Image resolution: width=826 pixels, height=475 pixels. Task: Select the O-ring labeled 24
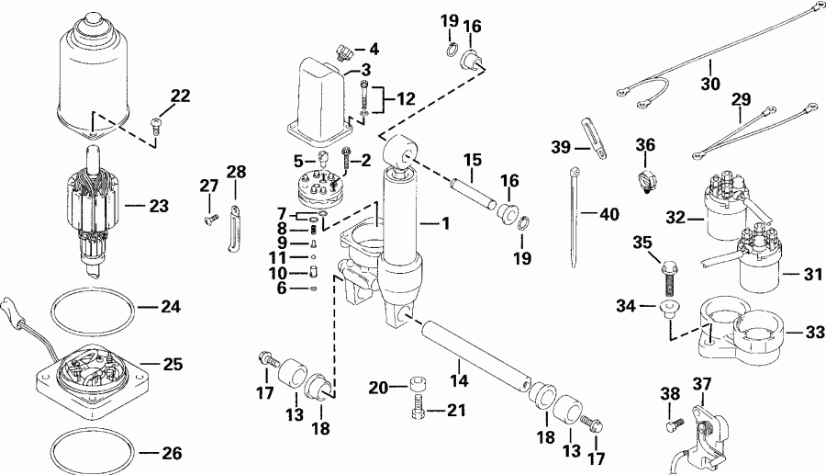tap(91, 309)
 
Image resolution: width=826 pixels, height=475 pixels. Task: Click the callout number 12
tap(406, 97)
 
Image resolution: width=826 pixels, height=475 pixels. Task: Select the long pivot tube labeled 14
tap(472, 353)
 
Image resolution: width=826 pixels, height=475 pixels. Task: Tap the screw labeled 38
tap(673, 424)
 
